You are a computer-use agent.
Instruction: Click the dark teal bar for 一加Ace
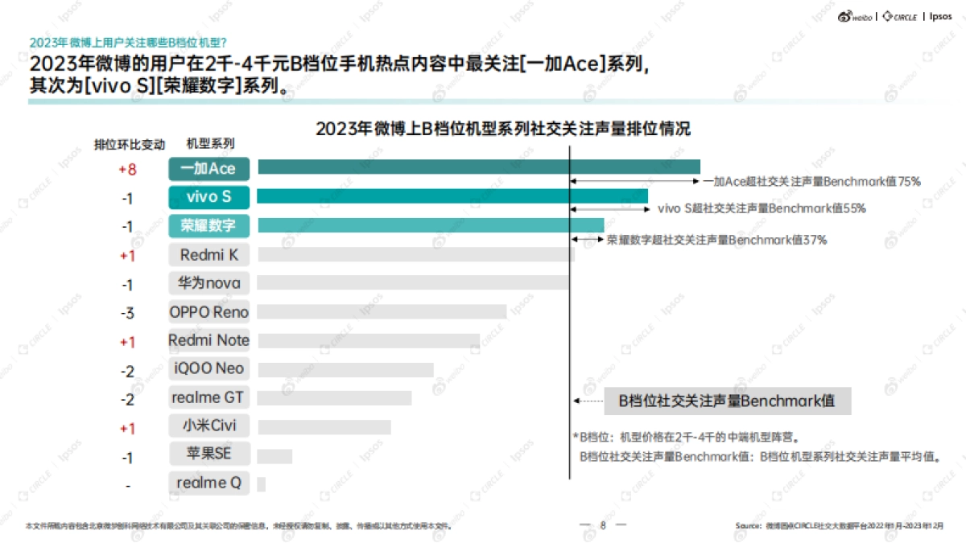[478, 167]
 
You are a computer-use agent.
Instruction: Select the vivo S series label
[208, 197]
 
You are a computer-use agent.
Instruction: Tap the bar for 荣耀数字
[430, 225]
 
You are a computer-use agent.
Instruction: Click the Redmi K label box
[208, 255]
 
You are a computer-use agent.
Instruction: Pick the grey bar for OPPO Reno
[382, 312]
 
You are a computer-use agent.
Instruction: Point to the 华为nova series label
[208, 283]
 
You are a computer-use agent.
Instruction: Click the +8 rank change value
[127, 169]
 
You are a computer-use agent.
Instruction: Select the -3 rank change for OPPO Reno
[127, 313]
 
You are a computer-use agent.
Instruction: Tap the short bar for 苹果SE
[275, 456]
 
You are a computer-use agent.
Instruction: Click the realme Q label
[208, 483]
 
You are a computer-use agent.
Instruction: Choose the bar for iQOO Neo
[345, 370]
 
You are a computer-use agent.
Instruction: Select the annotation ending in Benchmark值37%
[716, 240]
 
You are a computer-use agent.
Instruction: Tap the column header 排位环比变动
[130, 145]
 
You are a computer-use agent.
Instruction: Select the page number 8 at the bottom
[602, 525]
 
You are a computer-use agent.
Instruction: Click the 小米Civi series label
[208, 426]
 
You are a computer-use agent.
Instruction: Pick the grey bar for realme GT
[334, 398]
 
